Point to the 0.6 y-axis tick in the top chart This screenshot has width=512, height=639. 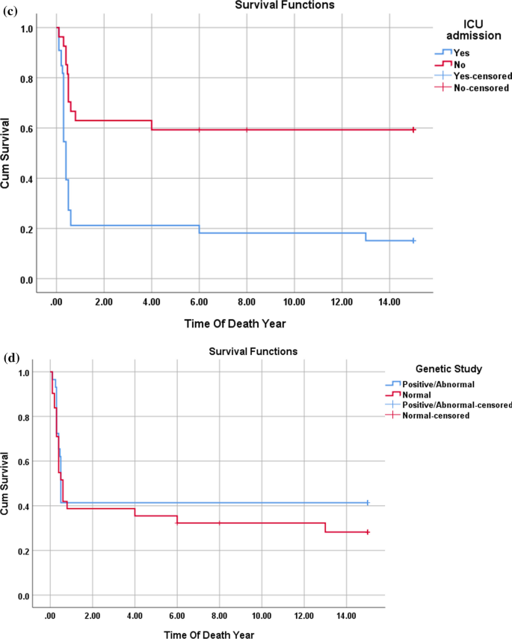pyautogui.click(x=28, y=129)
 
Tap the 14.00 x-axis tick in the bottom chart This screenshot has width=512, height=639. pyautogui.click(x=346, y=615)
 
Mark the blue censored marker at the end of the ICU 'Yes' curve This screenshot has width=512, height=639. pyautogui.click(x=413, y=241)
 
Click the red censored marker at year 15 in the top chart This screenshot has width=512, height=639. pyautogui.click(x=413, y=129)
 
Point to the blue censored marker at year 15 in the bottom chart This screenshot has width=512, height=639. pyautogui.click(x=367, y=503)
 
